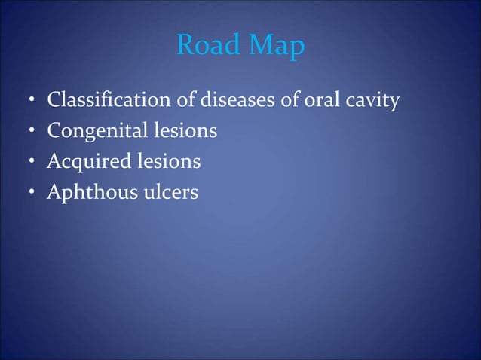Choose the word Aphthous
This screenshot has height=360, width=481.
(90, 193)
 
